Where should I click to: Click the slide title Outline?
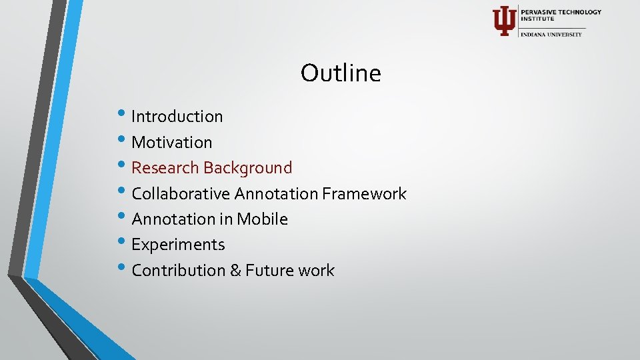pos(341,73)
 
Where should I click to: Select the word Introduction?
pos(177,117)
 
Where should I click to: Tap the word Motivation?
pos(171,142)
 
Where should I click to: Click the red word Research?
pos(165,168)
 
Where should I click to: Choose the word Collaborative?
pos(178,194)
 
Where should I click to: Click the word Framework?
pos(364,194)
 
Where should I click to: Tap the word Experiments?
pos(178,245)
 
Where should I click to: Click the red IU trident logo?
pos(503,21)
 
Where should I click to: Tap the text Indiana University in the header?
pos(551,34)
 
